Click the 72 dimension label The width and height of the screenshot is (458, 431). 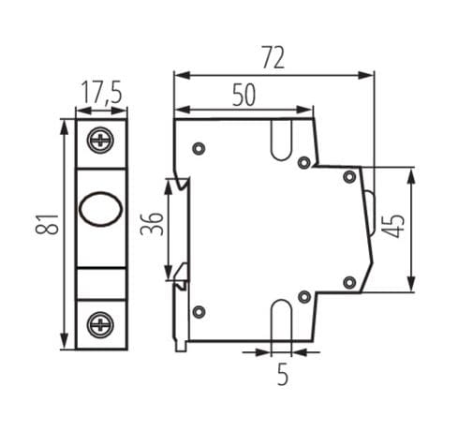[x=273, y=57]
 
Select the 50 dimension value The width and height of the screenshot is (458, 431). [x=244, y=95]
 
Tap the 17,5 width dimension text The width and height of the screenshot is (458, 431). [x=101, y=92]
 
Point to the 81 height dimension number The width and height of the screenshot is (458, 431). [x=47, y=224]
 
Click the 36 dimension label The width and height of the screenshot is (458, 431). [x=152, y=224]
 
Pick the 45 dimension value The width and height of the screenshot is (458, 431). [x=393, y=226]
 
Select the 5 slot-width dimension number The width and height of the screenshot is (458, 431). [x=283, y=374]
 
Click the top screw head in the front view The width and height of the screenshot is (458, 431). [x=100, y=140]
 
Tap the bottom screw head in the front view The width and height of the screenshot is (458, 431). [x=100, y=324]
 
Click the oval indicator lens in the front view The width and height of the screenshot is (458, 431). [x=100, y=209]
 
